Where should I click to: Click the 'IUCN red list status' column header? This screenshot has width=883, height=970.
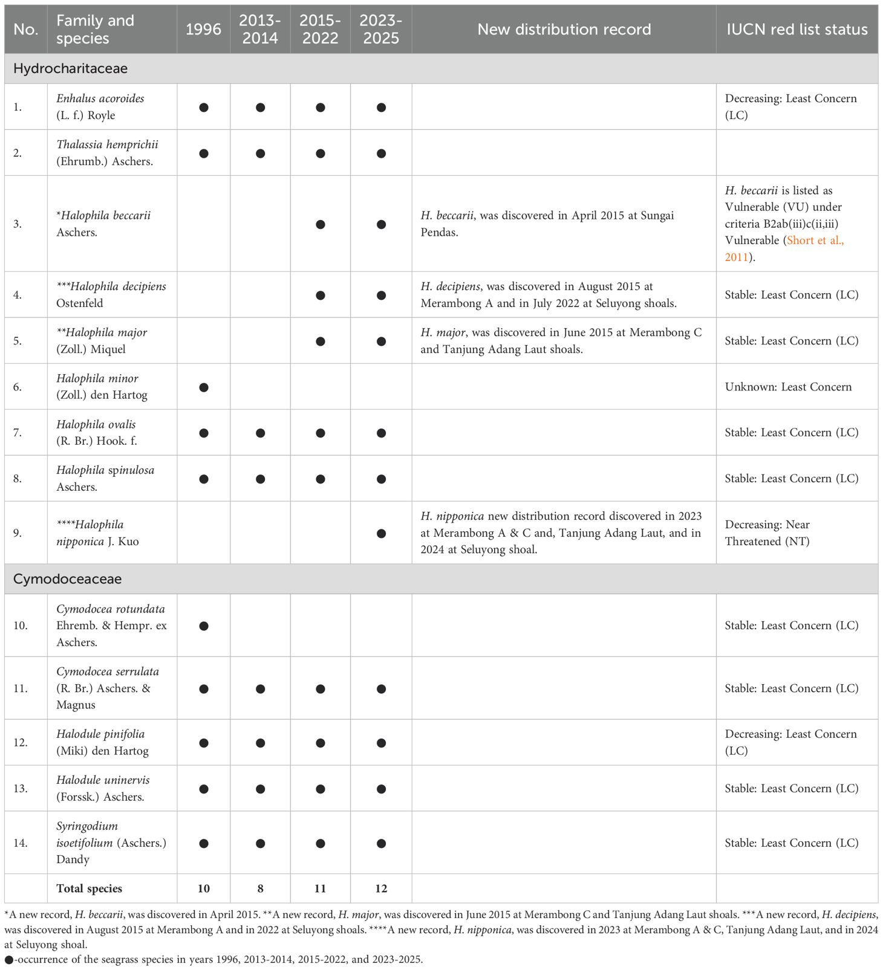(796, 29)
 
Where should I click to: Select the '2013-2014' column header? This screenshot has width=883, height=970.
(260, 29)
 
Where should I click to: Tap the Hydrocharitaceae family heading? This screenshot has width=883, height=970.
(70, 68)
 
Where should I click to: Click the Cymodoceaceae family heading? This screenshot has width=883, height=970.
(67, 579)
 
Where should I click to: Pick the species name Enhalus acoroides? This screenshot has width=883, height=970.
(100, 99)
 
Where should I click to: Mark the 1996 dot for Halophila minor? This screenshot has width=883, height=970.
(204, 387)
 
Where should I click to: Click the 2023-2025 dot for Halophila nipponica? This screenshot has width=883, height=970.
(381, 534)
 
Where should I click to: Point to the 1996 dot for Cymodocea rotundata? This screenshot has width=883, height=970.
(204, 626)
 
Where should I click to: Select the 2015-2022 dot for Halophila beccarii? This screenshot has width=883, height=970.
(321, 225)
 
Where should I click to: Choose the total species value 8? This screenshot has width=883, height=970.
(260, 888)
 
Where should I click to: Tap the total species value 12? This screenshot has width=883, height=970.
(381, 888)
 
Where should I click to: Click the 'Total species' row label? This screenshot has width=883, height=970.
(89, 888)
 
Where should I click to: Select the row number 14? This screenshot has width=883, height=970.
(21, 842)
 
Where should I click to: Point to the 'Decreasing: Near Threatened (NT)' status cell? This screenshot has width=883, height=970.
(767, 533)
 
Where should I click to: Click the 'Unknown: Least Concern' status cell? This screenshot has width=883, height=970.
(788, 387)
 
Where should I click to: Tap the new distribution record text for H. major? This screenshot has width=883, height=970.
(561, 341)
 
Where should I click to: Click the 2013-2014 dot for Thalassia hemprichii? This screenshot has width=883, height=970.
(260, 154)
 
